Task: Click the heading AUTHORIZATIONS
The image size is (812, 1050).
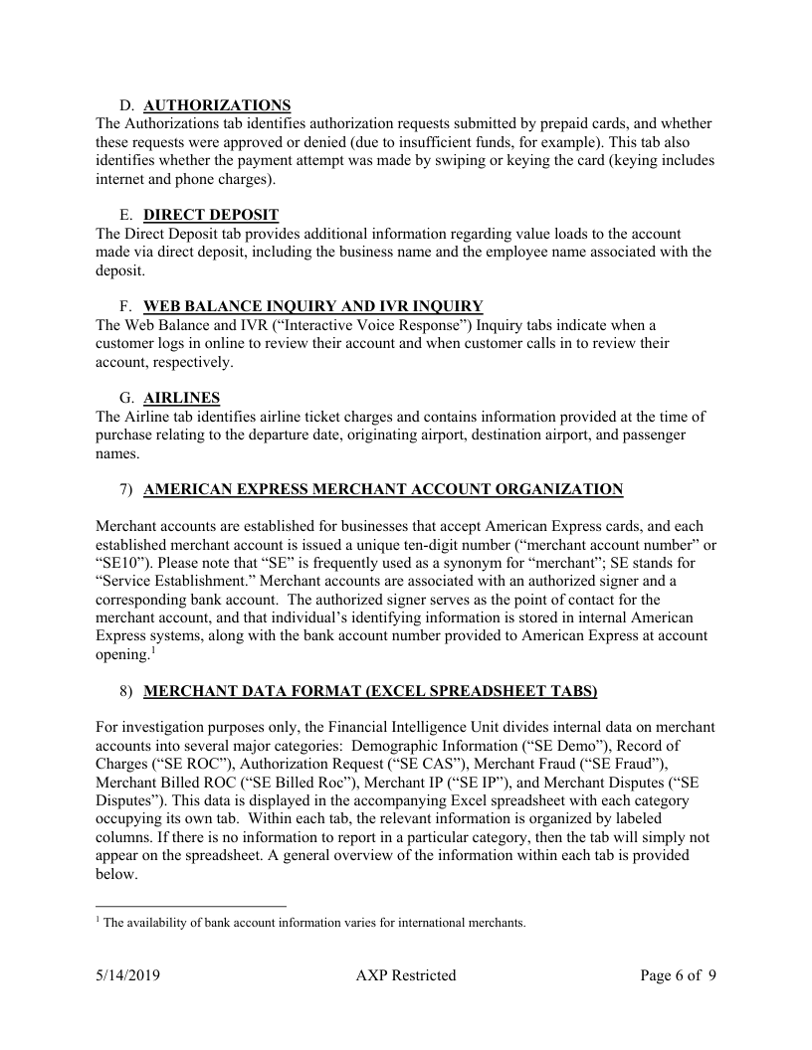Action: [217, 105]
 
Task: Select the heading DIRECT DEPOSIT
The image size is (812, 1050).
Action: [211, 215]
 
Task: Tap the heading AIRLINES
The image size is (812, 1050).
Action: [182, 398]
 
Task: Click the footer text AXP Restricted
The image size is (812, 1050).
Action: [405, 975]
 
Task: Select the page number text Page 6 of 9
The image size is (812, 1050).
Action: [678, 975]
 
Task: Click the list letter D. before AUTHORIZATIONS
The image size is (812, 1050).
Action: [126, 105]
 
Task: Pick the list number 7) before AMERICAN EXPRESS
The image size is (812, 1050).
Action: [126, 489]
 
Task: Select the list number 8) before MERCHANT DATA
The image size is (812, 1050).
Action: [126, 690]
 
